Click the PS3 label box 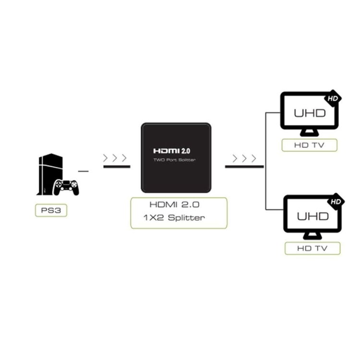tap(51, 210)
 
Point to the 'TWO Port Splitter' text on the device tap(175, 160)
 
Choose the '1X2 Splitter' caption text tap(178, 218)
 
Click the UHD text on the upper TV tap(310, 113)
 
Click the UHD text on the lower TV tap(312, 216)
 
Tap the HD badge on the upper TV tap(332, 99)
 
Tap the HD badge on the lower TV tap(336, 202)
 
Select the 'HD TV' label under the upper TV tap(309, 145)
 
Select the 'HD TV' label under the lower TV tap(312, 248)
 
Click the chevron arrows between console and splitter tap(116, 157)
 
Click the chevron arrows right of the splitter tap(244, 158)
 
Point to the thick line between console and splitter tap(117, 167)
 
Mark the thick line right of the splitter tap(244, 167)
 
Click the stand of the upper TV tap(310, 132)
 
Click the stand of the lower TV tap(312, 235)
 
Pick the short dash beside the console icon tap(83, 170)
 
